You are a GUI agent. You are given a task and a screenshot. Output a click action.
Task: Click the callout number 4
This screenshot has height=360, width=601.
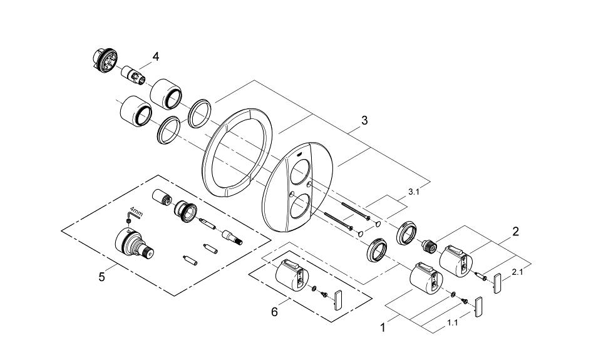(155, 56)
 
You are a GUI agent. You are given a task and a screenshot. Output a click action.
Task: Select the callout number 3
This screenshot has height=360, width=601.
(364, 120)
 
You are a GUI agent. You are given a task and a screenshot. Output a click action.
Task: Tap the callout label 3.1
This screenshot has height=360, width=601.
(413, 193)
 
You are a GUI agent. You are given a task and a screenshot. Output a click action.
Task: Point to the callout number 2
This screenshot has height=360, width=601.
(515, 232)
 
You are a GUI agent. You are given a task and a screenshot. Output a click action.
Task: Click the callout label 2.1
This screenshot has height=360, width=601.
(518, 272)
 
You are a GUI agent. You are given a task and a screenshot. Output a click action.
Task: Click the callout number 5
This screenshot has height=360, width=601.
(101, 276)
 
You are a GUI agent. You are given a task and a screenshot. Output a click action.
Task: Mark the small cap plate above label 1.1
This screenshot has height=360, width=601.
(480, 309)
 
